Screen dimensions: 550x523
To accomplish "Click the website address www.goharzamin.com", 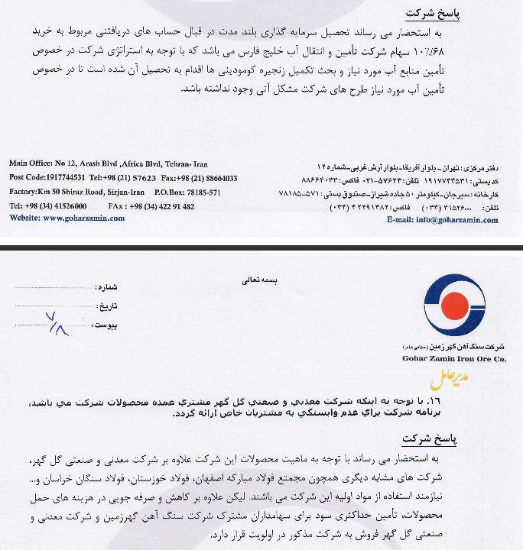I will coord(83,218).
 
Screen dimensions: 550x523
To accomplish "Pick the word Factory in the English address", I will coord(23,192).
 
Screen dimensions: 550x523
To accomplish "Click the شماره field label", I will coord(107,287).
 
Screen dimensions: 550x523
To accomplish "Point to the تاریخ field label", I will coord(109,306).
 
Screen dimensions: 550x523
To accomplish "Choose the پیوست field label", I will coord(108,325).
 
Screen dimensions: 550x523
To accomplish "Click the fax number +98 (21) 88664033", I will coord(205,178).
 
